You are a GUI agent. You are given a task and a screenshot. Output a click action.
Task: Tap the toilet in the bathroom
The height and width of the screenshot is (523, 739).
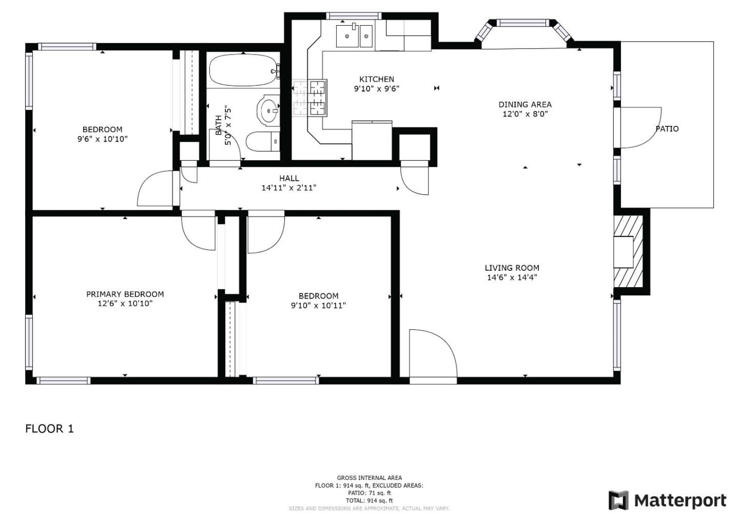coord(263,142)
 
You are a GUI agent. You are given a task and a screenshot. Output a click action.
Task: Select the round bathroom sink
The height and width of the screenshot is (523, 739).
coord(268,110)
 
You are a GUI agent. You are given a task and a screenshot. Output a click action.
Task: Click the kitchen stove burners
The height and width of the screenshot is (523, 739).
coord(309,98)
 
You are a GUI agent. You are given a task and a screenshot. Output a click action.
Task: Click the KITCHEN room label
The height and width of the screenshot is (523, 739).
coord(377,79)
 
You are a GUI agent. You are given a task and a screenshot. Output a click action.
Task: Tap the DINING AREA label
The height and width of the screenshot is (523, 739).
coord(525,105)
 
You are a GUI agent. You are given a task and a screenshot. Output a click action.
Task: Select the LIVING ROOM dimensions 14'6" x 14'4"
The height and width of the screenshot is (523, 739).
coord(512,277)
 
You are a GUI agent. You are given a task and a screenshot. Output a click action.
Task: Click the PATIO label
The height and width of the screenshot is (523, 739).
coord(667,129)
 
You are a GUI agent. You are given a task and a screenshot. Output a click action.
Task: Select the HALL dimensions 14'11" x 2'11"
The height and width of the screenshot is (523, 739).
coord(289,188)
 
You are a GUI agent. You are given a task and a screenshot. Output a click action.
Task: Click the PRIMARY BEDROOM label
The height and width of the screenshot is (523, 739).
coord(125,294)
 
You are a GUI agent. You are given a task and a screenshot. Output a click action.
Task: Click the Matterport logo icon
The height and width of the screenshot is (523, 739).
coord(618,500)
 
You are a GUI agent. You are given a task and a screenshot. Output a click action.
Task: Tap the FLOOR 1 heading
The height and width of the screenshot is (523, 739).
coord(49,429)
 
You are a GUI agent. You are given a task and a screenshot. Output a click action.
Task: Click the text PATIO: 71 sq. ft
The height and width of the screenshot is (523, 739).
coord(369,493)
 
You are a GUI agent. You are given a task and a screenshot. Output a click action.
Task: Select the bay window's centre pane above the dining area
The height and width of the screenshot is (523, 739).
coord(523,23)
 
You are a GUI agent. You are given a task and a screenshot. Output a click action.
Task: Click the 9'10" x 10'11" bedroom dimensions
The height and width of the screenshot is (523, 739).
coord(318,305)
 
